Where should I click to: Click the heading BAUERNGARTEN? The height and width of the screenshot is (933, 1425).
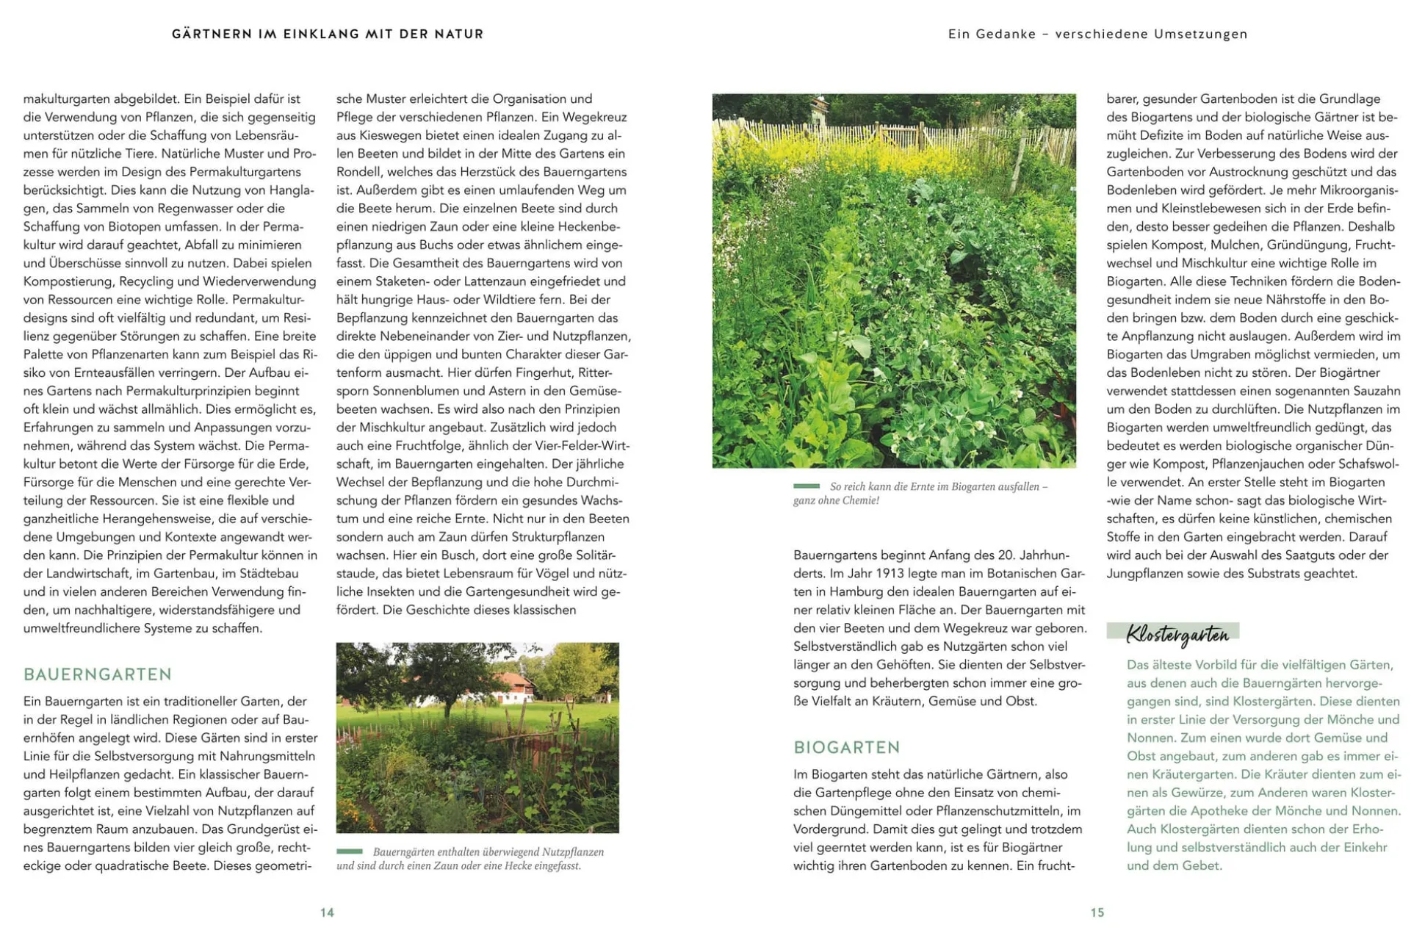pos(98,674)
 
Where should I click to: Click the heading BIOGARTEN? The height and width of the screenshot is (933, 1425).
pos(847,747)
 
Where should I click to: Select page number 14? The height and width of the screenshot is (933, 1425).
pos(327,912)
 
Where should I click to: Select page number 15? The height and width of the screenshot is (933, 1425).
pos(1097,912)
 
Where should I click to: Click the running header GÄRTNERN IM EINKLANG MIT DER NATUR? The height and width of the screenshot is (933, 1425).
pos(328,34)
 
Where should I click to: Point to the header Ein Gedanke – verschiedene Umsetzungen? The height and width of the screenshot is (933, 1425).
pos(1097,34)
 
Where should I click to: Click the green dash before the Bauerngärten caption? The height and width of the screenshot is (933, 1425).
pos(350,851)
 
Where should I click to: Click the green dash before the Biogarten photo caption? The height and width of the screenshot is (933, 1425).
pos(807,486)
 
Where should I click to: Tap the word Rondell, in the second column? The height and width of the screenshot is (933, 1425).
pos(358,172)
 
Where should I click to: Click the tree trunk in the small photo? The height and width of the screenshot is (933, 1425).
pos(448,705)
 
